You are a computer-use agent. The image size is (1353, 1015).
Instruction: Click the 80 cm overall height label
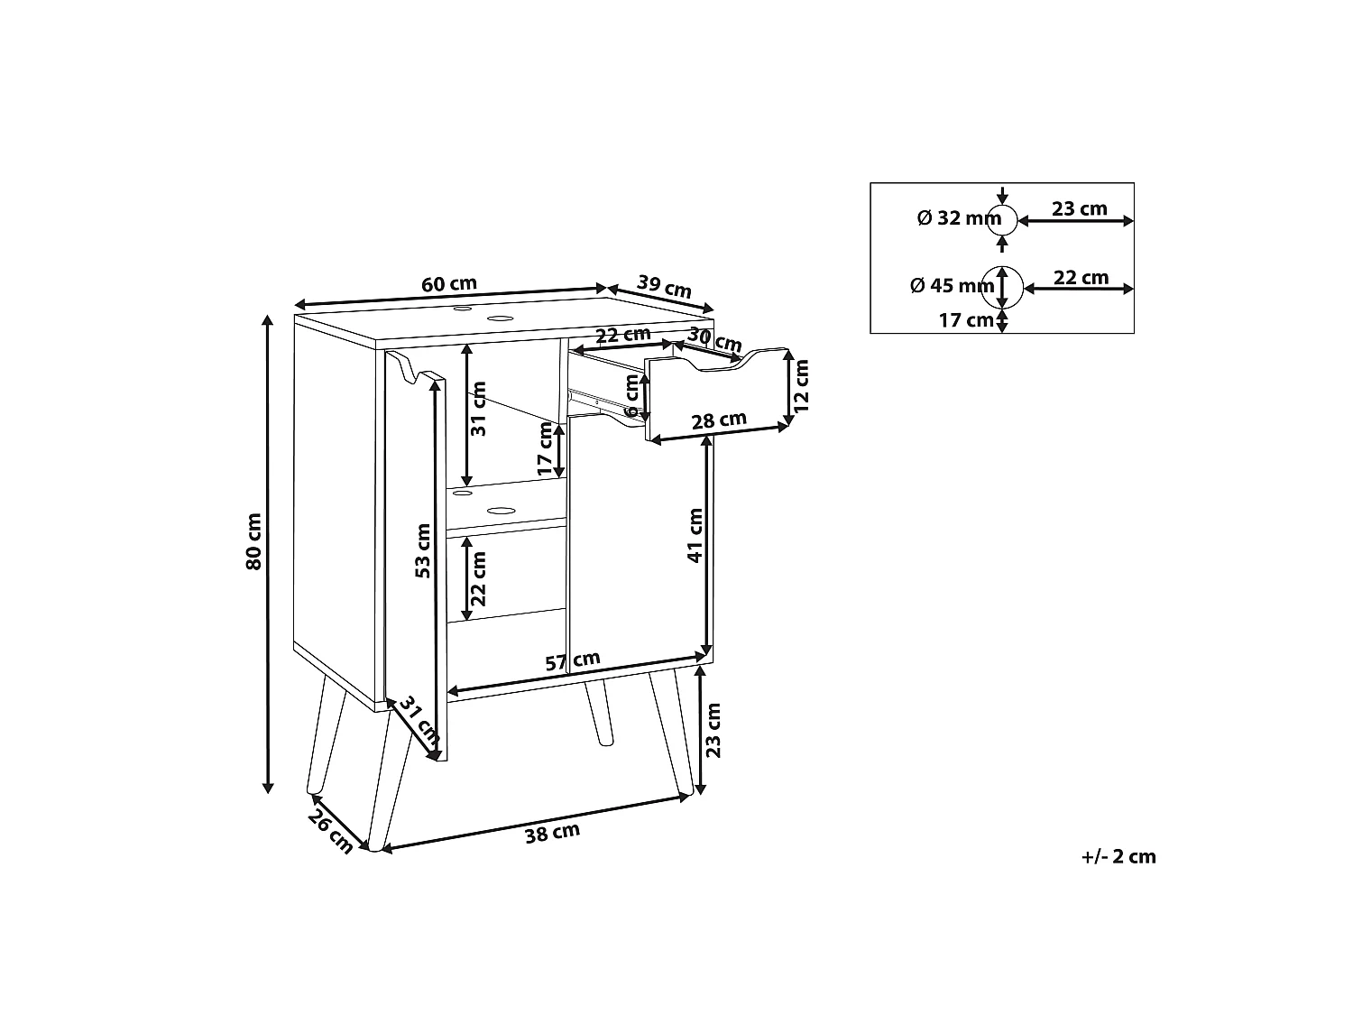point(253,541)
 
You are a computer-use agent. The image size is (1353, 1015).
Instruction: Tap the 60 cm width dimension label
point(448,284)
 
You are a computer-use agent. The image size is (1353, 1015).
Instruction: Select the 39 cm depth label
point(664,287)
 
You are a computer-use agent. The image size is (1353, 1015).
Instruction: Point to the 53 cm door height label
point(423,551)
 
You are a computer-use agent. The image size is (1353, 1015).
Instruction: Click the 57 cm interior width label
point(573,661)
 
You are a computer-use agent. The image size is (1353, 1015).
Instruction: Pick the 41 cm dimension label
point(695,536)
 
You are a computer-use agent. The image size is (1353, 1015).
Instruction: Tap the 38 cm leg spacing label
point(552,833)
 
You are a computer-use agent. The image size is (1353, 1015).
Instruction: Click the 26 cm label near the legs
point(331,832)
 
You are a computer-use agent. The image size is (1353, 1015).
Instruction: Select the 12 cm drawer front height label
point(801,386)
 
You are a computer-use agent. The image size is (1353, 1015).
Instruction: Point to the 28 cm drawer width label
point(719,421)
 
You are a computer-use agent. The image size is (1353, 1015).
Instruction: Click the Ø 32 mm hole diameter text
point(959,218)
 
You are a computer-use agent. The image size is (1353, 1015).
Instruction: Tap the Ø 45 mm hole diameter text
point(953,285)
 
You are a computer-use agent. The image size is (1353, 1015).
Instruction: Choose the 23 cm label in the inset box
point(1080,209)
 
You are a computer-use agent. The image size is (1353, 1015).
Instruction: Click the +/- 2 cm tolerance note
point(1118,856)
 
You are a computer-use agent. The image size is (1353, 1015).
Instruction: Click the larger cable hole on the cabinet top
point(500,318)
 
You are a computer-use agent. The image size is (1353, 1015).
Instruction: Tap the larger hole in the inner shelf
point(502,511)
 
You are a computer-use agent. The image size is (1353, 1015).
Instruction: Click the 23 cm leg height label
point(713,730)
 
